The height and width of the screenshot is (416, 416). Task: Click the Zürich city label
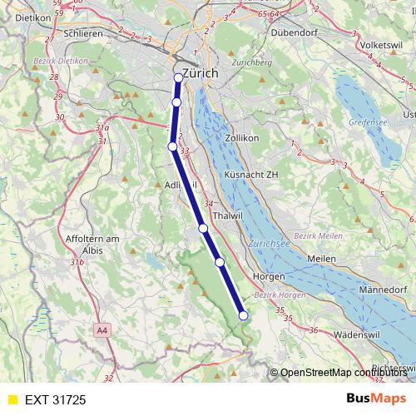tap(200, 73)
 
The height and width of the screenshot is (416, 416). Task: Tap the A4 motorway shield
tap(102, 330)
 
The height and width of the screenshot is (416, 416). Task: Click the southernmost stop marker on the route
tap(243, 315)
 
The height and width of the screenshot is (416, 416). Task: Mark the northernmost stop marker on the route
tap(178, 78)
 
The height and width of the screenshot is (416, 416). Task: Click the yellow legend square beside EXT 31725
tap(12, 399)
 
